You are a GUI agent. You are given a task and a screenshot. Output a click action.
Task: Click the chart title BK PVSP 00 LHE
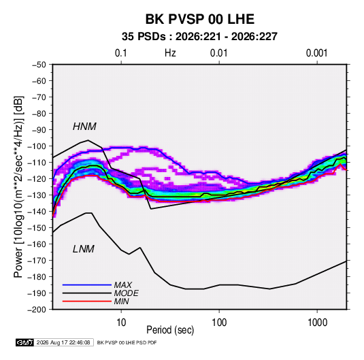click(200, 19)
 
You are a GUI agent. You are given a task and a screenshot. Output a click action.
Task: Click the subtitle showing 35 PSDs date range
click(199, 37)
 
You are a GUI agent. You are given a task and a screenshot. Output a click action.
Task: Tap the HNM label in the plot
click(84, 127)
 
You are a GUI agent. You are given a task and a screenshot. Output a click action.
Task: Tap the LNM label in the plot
click(84, 249)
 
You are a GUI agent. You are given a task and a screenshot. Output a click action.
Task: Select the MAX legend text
click(123, 285)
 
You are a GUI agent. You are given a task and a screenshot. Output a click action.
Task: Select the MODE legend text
click(127, 293)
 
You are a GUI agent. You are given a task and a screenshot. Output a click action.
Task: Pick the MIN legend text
click(121, 301)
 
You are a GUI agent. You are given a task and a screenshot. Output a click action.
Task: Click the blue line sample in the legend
click(87, 284)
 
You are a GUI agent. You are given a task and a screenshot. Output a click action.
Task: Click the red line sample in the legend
click(87, 301)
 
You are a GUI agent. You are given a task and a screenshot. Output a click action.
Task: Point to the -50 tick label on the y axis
click(39, 65)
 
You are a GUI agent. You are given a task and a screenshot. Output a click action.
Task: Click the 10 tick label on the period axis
click(121, 323)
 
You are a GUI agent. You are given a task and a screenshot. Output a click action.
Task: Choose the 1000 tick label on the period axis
click(317, 323)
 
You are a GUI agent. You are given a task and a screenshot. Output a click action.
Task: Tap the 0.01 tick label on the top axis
click(219, 53)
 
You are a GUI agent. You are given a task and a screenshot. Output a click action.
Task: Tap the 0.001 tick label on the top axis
click(317, 53)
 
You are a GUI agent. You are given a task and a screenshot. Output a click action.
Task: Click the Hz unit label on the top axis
click(170, 53)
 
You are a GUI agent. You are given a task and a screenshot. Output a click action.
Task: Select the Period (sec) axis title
click(170, 330)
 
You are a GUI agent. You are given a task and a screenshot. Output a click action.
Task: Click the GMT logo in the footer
click(24, 342)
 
